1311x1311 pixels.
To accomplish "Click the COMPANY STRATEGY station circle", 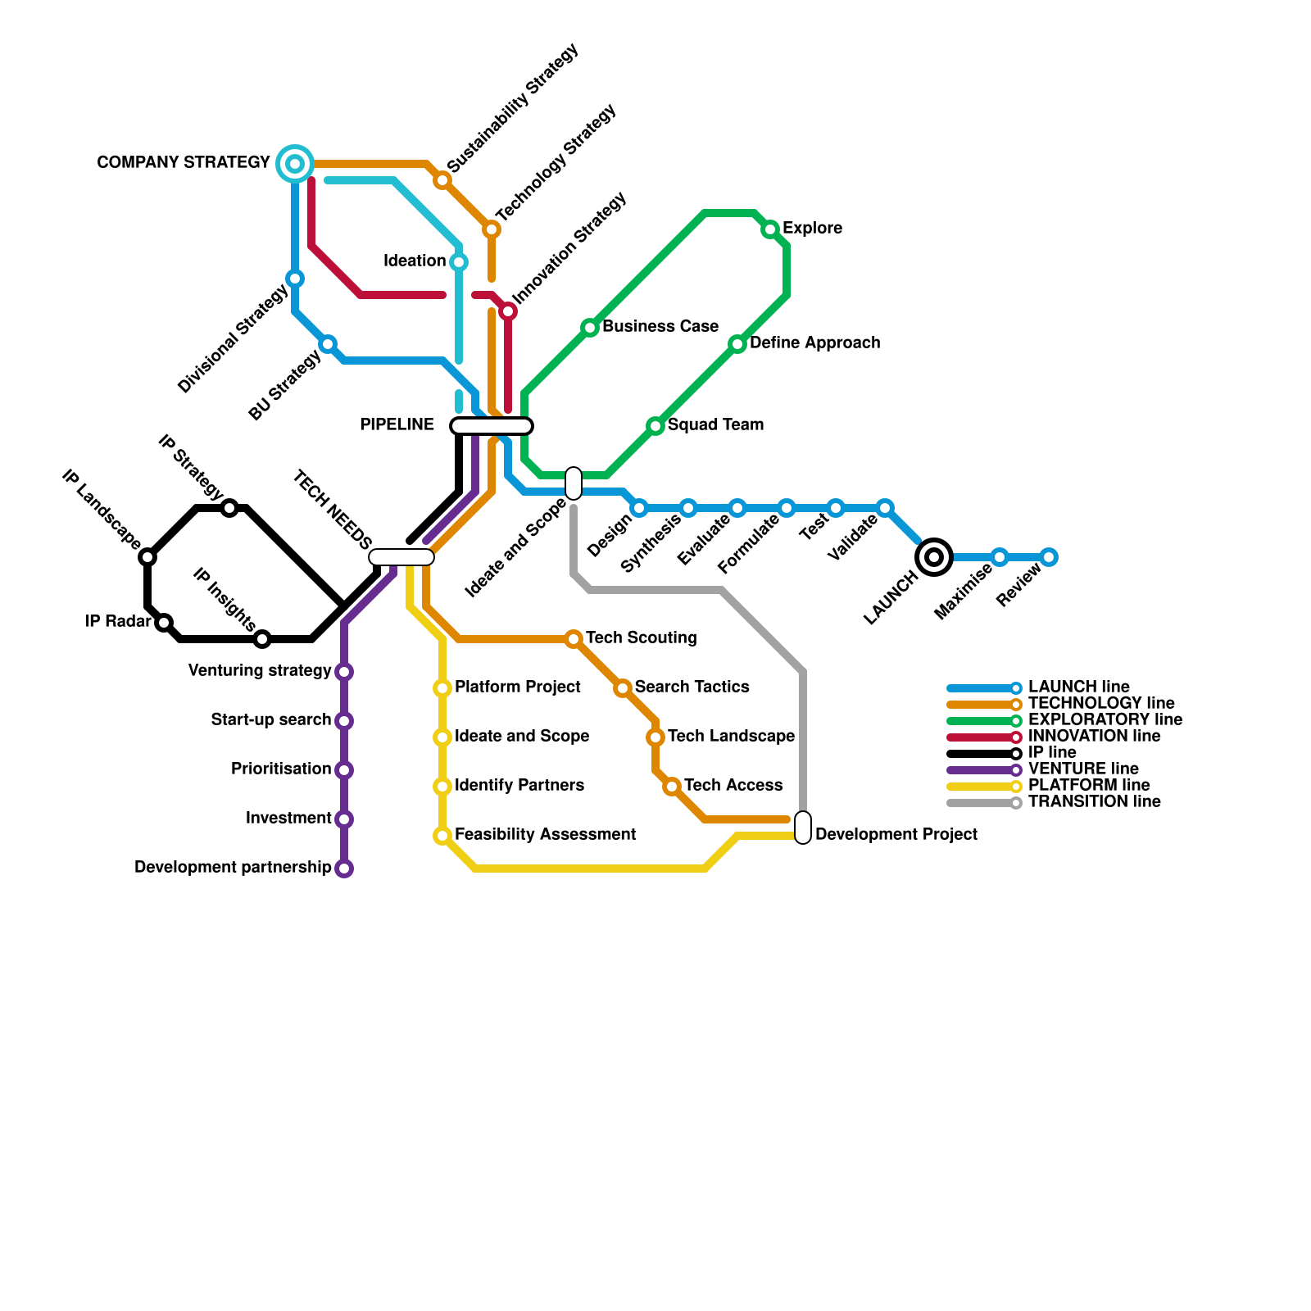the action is tap(295, 164).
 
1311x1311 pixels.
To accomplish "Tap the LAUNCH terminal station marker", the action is tap(934, 557).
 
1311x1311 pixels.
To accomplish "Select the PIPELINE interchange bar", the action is tap(492, 425).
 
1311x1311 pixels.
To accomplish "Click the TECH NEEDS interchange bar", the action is tap(401, 557).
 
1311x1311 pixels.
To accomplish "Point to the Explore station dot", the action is tap(770, 229).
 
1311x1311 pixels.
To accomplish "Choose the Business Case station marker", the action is tap(590, 328).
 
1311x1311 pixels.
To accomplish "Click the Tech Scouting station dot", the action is tap(574, 639).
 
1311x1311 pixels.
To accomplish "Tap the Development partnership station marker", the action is tap(344, 869).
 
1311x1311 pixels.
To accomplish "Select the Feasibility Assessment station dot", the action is tap(442, 836).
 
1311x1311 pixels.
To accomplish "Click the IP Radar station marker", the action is tap(164, 623).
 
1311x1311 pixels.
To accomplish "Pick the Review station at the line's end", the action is tap(1049, 557).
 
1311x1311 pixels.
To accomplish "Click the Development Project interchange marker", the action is tap(803, 828).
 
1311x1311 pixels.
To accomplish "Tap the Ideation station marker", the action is tap(459, 262).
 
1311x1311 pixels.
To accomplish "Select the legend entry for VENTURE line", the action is tap(1083, 769).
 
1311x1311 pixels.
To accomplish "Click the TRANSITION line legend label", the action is tap(1094, 802).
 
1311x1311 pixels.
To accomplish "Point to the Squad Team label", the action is tap(715, 425).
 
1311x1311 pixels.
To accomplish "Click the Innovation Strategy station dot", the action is tap(508, 311).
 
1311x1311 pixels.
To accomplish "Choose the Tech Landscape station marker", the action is tap(655, 737).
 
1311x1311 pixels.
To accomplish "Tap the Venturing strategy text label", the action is tap(260, 671).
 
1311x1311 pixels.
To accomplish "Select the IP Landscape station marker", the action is tap(147, 557).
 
